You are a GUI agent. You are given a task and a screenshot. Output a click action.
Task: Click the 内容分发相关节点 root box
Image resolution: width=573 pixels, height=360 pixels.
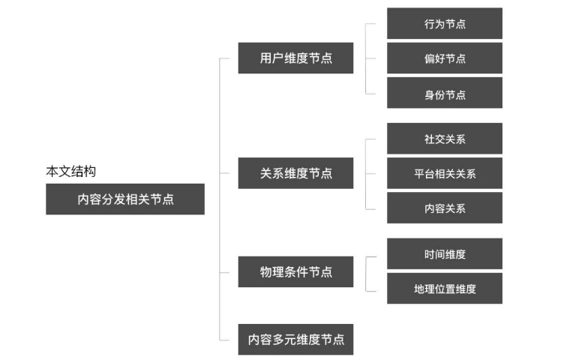coord(124,199)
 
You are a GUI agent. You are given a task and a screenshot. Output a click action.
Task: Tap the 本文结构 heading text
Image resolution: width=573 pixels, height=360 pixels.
coord(70,172)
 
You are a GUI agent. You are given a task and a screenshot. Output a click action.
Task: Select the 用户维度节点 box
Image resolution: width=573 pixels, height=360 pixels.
coord(295,58)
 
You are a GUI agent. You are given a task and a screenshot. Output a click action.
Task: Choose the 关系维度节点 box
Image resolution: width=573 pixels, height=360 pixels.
coord(295,173)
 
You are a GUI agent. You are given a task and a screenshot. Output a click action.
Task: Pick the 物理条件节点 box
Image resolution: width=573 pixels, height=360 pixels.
coord(295,271)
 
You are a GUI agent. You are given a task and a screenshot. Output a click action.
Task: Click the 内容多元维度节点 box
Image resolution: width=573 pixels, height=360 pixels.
coord(295,339)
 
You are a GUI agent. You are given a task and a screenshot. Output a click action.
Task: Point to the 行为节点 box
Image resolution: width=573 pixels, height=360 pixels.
coord(444,23)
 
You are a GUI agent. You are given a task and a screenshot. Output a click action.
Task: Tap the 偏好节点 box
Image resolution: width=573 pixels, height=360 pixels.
coord(444,58)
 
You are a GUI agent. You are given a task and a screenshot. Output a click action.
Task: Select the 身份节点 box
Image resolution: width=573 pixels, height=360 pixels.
coord(444,93)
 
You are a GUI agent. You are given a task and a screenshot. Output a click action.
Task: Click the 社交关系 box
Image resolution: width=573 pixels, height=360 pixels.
coord(444,139)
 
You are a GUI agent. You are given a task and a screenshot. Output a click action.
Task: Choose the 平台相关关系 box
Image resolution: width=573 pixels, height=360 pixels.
coord(444,173)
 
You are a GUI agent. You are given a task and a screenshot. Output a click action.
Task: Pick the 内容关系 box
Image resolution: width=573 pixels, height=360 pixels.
coord(444,208)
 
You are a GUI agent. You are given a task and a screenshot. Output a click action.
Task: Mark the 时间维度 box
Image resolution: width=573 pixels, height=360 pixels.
coord(444,253)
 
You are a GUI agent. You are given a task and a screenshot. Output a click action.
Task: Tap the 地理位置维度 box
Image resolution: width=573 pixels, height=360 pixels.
coord(444,288)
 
